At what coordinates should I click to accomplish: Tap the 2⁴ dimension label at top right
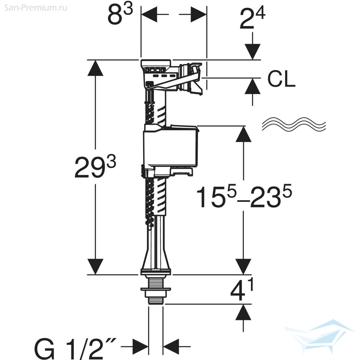252,18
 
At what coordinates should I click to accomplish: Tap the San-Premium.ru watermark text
36,8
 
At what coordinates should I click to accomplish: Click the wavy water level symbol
294,124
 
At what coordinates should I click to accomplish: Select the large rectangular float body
170,147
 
